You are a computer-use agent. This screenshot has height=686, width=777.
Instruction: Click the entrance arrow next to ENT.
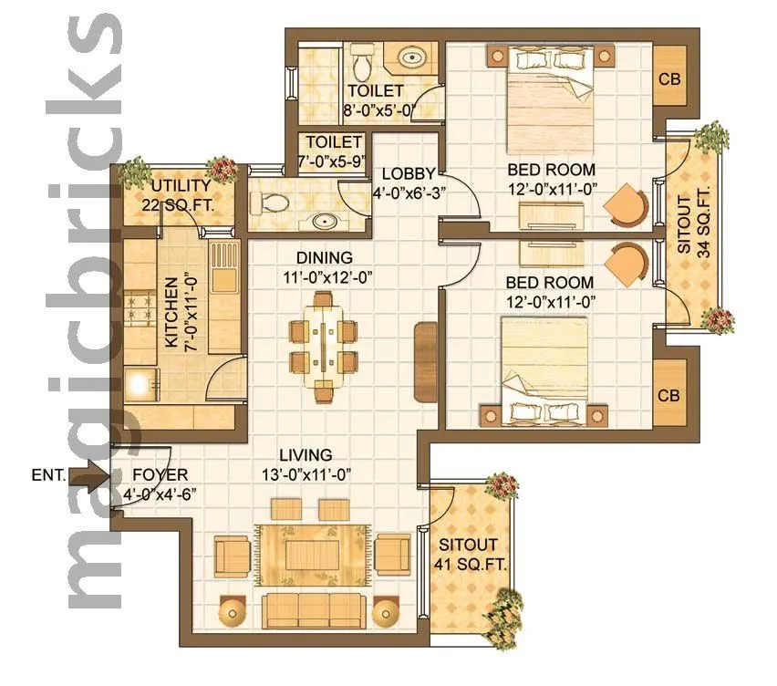point(88,475)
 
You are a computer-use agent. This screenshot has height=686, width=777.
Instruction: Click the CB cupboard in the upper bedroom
point(669,78)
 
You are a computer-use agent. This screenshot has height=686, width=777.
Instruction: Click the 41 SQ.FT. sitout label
point(470,554)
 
